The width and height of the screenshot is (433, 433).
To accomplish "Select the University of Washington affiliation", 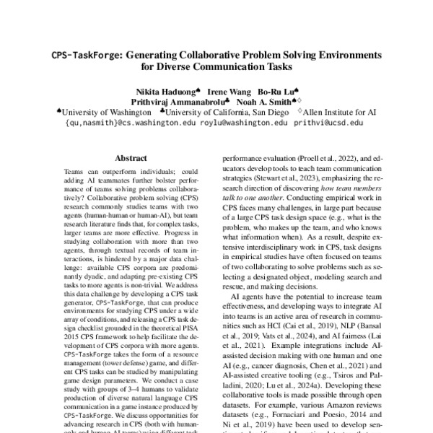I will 104,113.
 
